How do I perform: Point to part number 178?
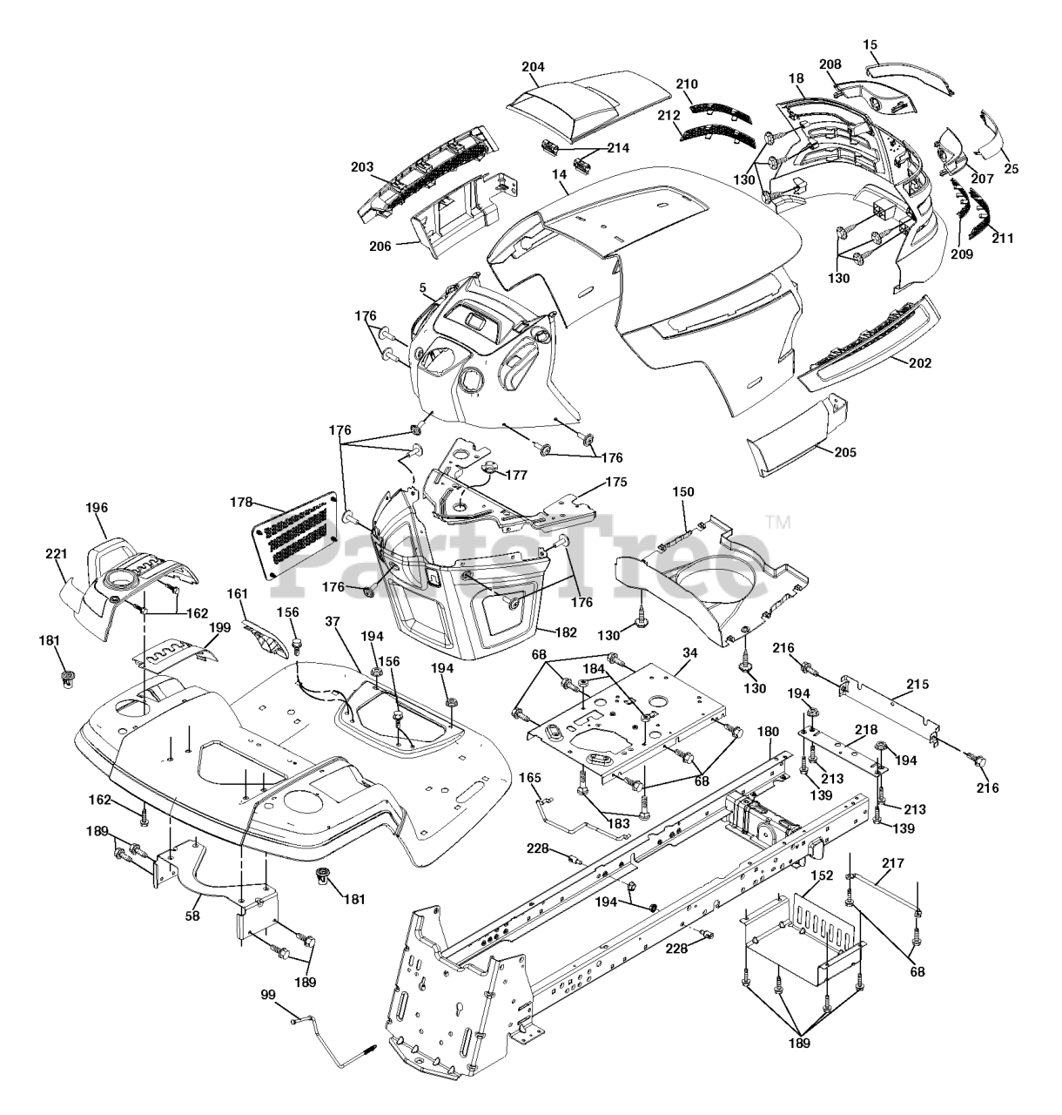[x=242, y=503]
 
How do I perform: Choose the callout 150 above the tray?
[x=683, y=492]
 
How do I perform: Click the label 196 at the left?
[x=97, y=506]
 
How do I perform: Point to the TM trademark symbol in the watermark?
[x=777, y=523]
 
